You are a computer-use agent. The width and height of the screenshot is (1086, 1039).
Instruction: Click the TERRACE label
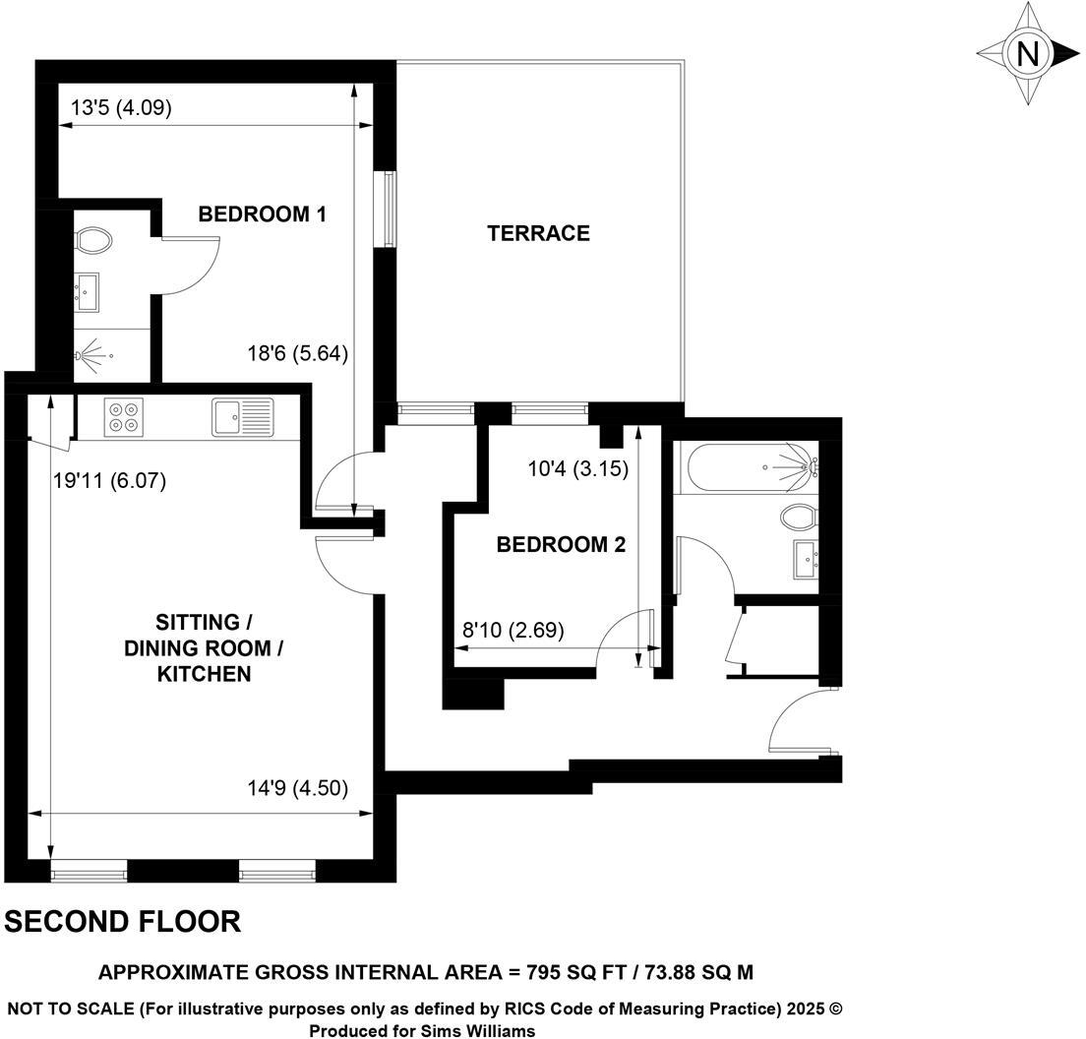click(538, 233)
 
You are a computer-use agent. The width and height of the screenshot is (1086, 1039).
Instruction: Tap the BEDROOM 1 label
click(262, 214)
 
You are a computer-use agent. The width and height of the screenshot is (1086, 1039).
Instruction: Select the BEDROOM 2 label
click(561, 545)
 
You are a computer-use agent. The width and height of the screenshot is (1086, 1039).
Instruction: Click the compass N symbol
click(1028, 53)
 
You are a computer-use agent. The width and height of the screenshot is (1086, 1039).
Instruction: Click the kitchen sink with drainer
click(242, 417)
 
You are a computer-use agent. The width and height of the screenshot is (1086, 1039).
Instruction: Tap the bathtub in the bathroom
click(747, 467)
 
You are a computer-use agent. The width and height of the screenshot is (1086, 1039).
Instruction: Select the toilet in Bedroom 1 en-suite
click(93, 239)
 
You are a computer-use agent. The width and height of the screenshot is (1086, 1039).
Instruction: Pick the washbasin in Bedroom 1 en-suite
click(87, 290)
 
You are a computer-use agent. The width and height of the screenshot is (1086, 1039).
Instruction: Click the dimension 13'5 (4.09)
click(122, 108)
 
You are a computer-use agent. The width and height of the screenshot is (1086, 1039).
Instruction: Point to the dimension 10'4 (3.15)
click(578, 469)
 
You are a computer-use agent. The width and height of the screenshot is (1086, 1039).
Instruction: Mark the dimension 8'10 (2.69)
click(513, 631)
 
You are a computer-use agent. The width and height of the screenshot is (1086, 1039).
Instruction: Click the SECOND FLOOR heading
click(123, 922)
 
